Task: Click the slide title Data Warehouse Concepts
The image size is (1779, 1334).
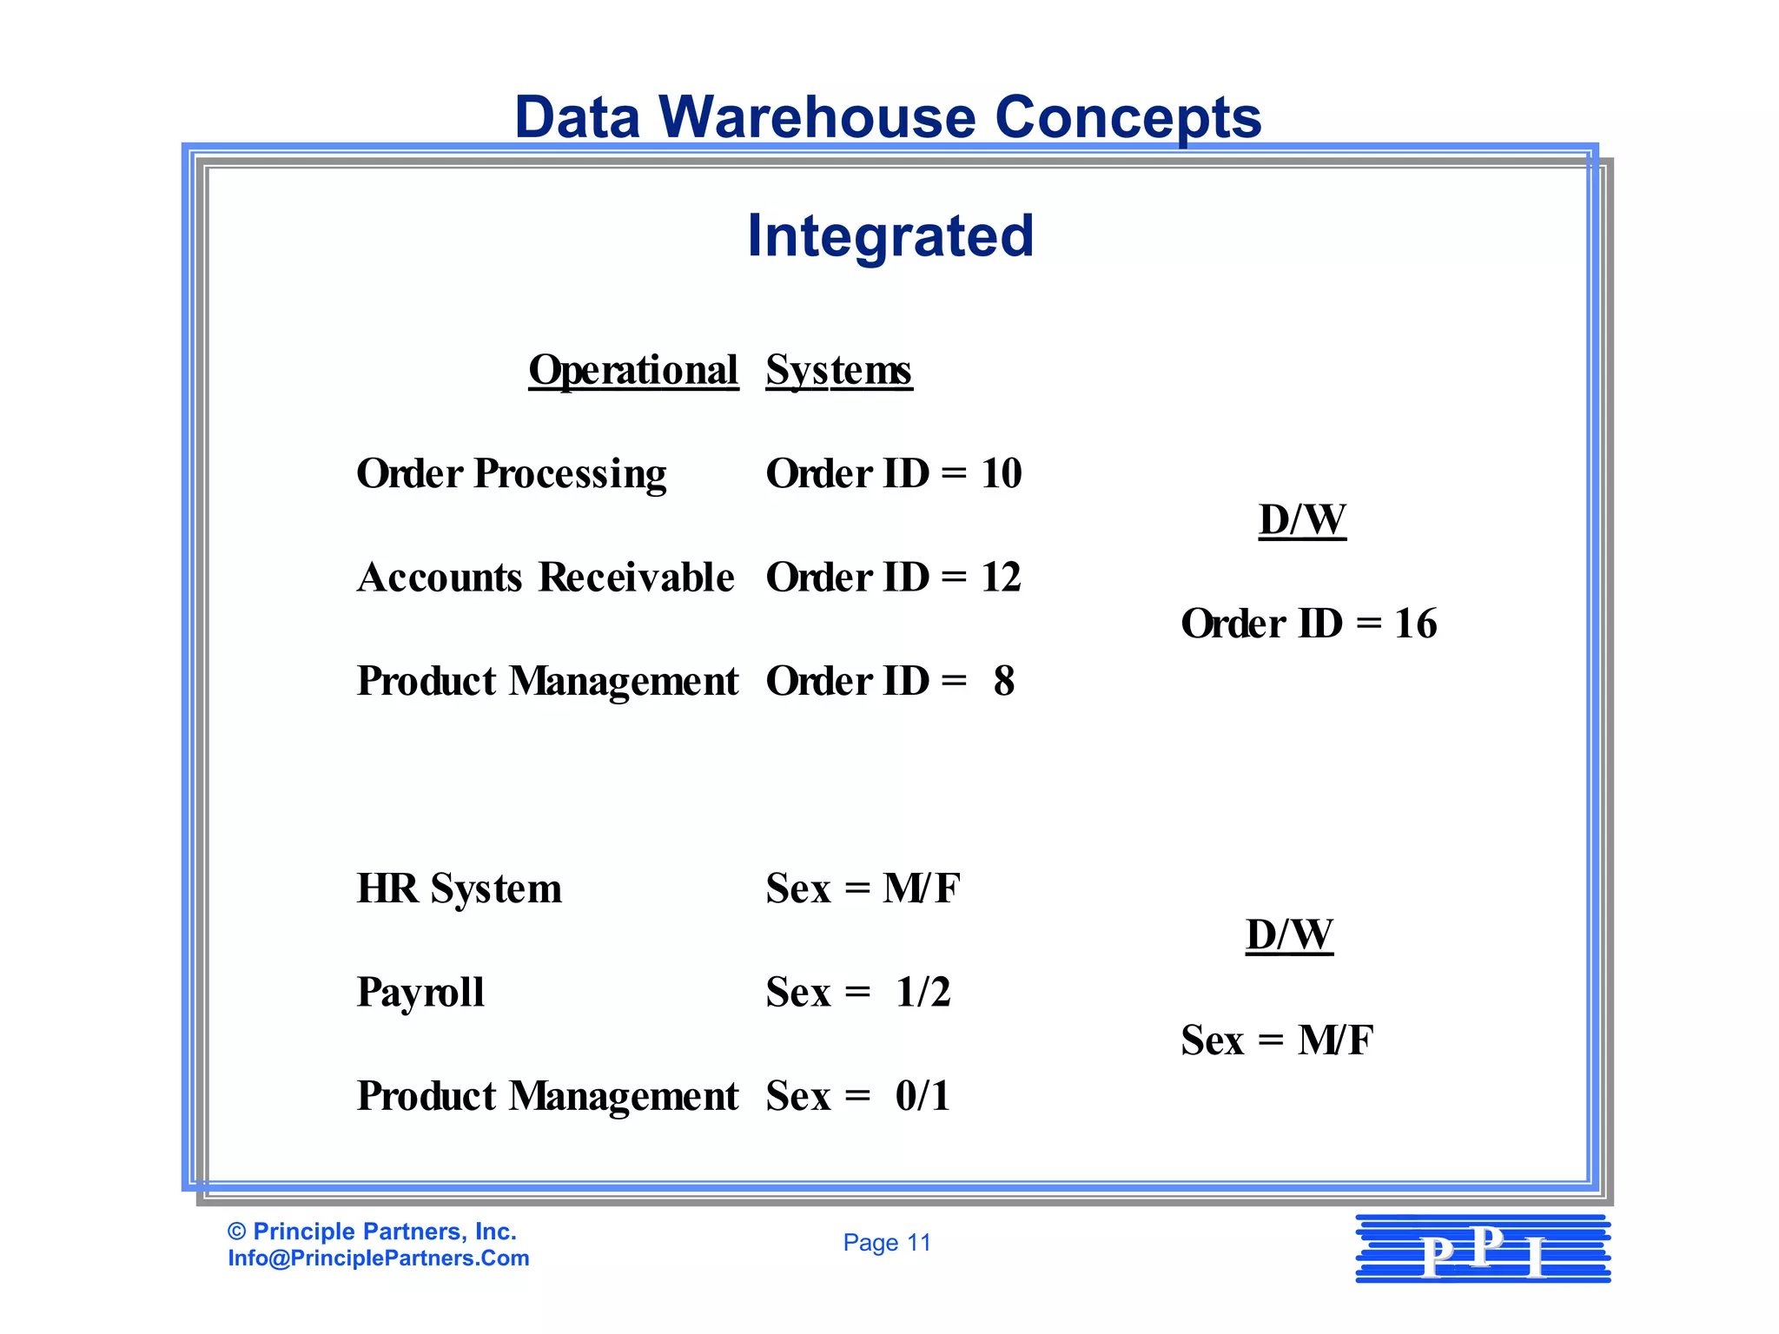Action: tap(888, 117)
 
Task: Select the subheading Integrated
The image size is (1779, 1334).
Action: tap(890, 236)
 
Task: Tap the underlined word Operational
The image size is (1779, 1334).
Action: tap(633, 371)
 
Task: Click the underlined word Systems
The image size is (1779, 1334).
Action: tap(838, 371)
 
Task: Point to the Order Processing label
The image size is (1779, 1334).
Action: tap(511, 474)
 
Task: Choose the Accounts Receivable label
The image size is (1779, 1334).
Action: tap(546, 578)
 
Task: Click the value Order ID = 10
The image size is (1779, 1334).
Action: tap(893, 474)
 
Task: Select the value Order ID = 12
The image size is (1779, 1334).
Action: tap(893, 578)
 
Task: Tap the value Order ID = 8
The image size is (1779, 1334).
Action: tap(889, 681)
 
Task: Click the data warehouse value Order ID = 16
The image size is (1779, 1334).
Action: tap(1308, 624)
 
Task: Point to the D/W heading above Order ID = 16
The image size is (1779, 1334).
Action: tap(1302, 520)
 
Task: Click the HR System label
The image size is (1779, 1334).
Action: tap(459, 888)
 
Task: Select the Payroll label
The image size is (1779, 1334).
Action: tap(420, 992)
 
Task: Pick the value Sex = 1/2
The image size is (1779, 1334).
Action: tap(858, 992)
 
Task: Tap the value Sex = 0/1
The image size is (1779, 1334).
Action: tap(858, 1096)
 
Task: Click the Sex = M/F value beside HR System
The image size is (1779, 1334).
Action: tap(863, 888)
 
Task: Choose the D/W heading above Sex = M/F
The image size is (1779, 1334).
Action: tap(1289, 935)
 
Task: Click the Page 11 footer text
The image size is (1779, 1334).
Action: tap(887, 1243)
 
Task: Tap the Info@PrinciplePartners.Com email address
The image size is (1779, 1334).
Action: tap(379, 1258)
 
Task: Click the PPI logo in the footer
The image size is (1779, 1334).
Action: tap(1483, 1250)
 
